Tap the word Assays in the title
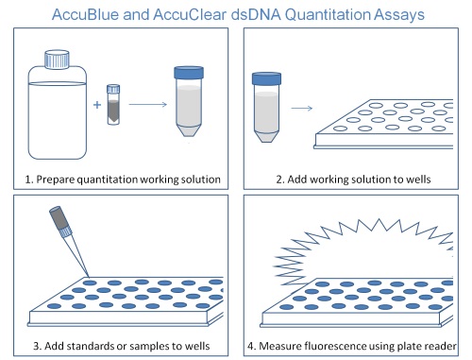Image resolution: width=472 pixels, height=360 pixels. click(x=396, y=13)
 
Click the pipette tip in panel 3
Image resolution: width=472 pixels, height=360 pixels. click(x=68, y=251)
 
